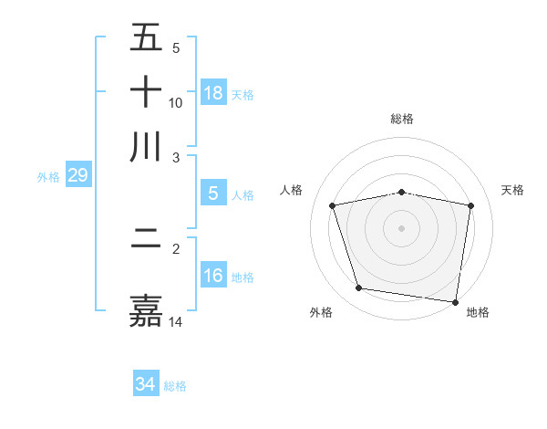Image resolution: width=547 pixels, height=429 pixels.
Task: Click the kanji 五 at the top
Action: (146, 38)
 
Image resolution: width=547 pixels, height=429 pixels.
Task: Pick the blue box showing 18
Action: (213, 93)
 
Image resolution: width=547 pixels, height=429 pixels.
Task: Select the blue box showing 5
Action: (213, 193)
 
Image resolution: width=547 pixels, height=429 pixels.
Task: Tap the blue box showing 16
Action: (213, 275)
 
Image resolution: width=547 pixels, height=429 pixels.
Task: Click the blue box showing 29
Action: (77, 175)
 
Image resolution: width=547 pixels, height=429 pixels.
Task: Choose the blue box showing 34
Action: (145, 384)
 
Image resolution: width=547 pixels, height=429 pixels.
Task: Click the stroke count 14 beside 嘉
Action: (176, 321)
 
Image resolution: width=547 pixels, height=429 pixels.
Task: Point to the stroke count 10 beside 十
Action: (176, 102)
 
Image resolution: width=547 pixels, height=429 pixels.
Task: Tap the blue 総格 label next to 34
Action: (175, 386)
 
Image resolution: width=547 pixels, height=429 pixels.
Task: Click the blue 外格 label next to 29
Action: (47, 177)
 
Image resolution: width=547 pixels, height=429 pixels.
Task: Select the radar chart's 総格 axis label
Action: (402, 119)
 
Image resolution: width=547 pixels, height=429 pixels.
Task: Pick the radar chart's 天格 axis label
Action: (513, 190)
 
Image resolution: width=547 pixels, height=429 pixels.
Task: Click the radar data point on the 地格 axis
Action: (455, 301)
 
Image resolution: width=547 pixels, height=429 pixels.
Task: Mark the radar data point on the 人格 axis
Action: (333, 205)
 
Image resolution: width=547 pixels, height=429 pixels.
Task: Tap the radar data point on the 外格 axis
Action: (359, 288)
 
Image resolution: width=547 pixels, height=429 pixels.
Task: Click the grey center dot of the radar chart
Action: (402, 228)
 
